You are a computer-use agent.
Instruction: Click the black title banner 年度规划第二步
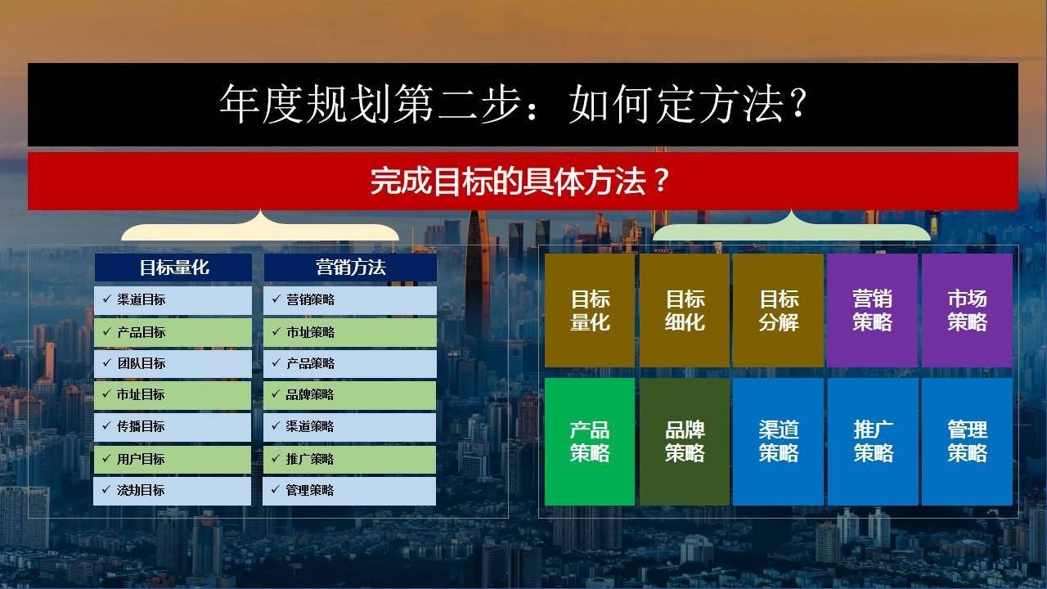point(523,105)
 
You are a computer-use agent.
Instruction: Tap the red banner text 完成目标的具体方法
point(520,182)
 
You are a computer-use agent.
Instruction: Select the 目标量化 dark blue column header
point(173,268)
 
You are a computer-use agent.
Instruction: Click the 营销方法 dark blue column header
point(351,268)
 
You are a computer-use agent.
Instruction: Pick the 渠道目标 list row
point(173,300)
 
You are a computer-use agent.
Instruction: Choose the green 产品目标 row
point(173,332)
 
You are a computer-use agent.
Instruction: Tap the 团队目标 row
point(173,364)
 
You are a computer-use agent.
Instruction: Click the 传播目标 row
point(173,427)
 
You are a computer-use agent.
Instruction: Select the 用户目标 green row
point(172,460)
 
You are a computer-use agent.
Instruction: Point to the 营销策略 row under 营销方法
point(350,300)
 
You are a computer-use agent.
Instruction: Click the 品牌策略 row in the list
point(349,395)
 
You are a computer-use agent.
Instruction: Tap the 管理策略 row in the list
point(349,491)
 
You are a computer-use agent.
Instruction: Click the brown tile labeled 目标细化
point(685,310)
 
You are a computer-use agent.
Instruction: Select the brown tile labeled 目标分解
point(778,310)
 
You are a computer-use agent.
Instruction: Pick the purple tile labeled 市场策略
point(967,310)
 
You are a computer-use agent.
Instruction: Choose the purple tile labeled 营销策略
point(873,310)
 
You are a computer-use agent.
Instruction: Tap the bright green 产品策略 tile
point(590,442)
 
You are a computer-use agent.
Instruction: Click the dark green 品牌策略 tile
point(685,442)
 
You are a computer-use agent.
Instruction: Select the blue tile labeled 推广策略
point(873,442)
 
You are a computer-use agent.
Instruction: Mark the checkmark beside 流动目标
point(106,489)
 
